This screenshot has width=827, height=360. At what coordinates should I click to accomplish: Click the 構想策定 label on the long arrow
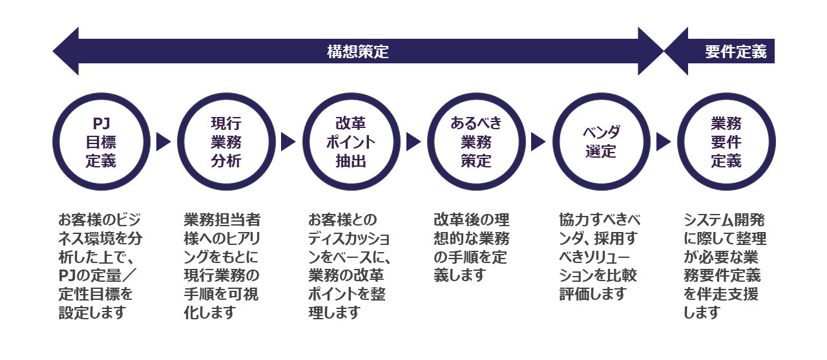(358, 52)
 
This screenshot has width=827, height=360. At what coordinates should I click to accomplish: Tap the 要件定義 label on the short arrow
(736, 52)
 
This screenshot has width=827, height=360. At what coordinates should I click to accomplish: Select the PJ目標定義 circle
(101, 142)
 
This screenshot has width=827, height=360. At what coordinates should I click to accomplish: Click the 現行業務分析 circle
(225, 142)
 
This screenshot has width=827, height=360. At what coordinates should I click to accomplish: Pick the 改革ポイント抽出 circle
(351, 142)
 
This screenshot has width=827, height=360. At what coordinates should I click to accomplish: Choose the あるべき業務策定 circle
(476, 142)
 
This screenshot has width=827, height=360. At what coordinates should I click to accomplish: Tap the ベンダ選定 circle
(601, 142)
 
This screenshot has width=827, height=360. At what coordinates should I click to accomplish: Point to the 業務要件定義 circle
(726, 142)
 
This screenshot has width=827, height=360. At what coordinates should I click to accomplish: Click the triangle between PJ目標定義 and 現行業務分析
(163, 142)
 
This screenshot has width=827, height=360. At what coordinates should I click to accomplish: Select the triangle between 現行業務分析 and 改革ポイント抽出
(288, 142)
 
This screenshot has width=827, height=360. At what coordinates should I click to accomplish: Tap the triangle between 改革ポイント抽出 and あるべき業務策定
(413, 142)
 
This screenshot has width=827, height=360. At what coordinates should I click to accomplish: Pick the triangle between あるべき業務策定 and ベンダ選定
(538, 142)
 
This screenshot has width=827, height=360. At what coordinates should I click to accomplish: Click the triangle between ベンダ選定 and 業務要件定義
(663, 142)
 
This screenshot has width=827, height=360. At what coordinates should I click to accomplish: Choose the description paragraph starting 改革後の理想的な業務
(471, 248)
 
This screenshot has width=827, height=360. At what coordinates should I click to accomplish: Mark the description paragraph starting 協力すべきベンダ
(598, 257)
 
